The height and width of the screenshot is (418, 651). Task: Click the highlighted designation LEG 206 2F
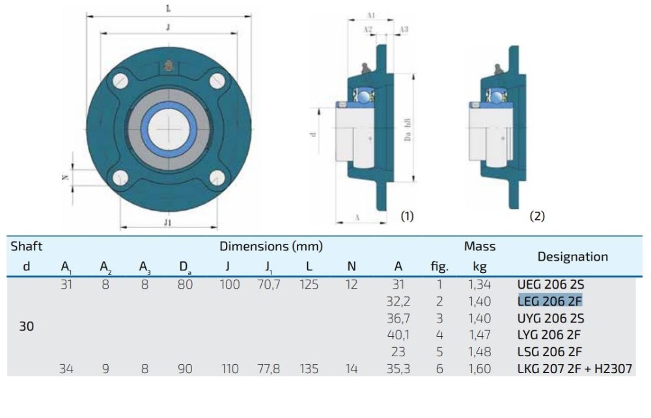(549, 301)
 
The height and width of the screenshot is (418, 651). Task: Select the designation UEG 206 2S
(550, 284)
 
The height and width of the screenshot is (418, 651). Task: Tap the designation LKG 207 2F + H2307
(574, 369)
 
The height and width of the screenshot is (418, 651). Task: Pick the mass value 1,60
(480, 369)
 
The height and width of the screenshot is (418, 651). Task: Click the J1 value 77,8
(268, 369)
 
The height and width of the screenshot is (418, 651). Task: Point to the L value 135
(309, 369)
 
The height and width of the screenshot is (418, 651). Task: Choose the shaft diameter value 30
(26, 326)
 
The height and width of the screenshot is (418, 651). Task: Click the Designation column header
(572, 256)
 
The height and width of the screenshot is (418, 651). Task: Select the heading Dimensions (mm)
(271, 246)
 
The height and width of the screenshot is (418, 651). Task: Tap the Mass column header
(480, 246)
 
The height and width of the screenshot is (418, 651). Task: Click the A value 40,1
(398, 335)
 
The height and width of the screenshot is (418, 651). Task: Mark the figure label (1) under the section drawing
(407, 216)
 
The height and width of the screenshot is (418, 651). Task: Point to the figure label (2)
(537, 216)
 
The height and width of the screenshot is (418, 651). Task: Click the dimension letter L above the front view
(169, 8)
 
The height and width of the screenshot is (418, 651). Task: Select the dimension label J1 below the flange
(167, 222)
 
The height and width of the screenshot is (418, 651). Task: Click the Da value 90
(185, 369)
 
